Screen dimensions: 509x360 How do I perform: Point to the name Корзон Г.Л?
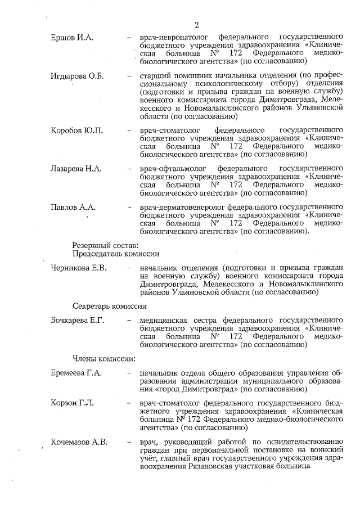(73, 403)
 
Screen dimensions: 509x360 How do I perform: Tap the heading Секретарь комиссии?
(110, 307)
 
